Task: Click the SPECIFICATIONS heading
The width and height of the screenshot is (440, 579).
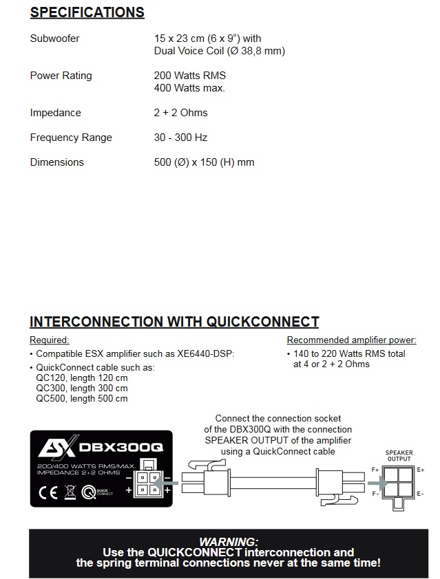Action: click(87, 13)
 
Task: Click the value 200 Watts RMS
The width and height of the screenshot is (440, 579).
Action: click(190, 76)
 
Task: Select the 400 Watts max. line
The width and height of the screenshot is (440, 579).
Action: click(189, 88)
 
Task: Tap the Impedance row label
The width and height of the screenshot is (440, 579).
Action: click(55, 113)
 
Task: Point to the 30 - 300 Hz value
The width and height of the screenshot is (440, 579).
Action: click(180, 138)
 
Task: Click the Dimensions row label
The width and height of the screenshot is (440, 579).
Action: click(56, 162)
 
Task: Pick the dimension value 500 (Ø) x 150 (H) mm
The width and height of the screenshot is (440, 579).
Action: click(204, 162)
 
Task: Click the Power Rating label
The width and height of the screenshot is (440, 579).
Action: click(61, 76)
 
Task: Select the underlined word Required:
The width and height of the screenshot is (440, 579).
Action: click(50, 340)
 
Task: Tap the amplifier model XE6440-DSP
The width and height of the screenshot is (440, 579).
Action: click(205, 354)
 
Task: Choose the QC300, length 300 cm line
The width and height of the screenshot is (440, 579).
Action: click(82, 388)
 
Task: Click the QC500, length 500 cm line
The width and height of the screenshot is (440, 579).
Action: click(82, 398)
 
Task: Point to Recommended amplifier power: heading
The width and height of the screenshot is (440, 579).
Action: click(351, 340)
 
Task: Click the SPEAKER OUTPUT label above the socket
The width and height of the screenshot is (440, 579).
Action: click(399, 456)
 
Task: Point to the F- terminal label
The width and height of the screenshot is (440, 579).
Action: click(376, 494)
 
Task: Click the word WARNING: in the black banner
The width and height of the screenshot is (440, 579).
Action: click(228, 542)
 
